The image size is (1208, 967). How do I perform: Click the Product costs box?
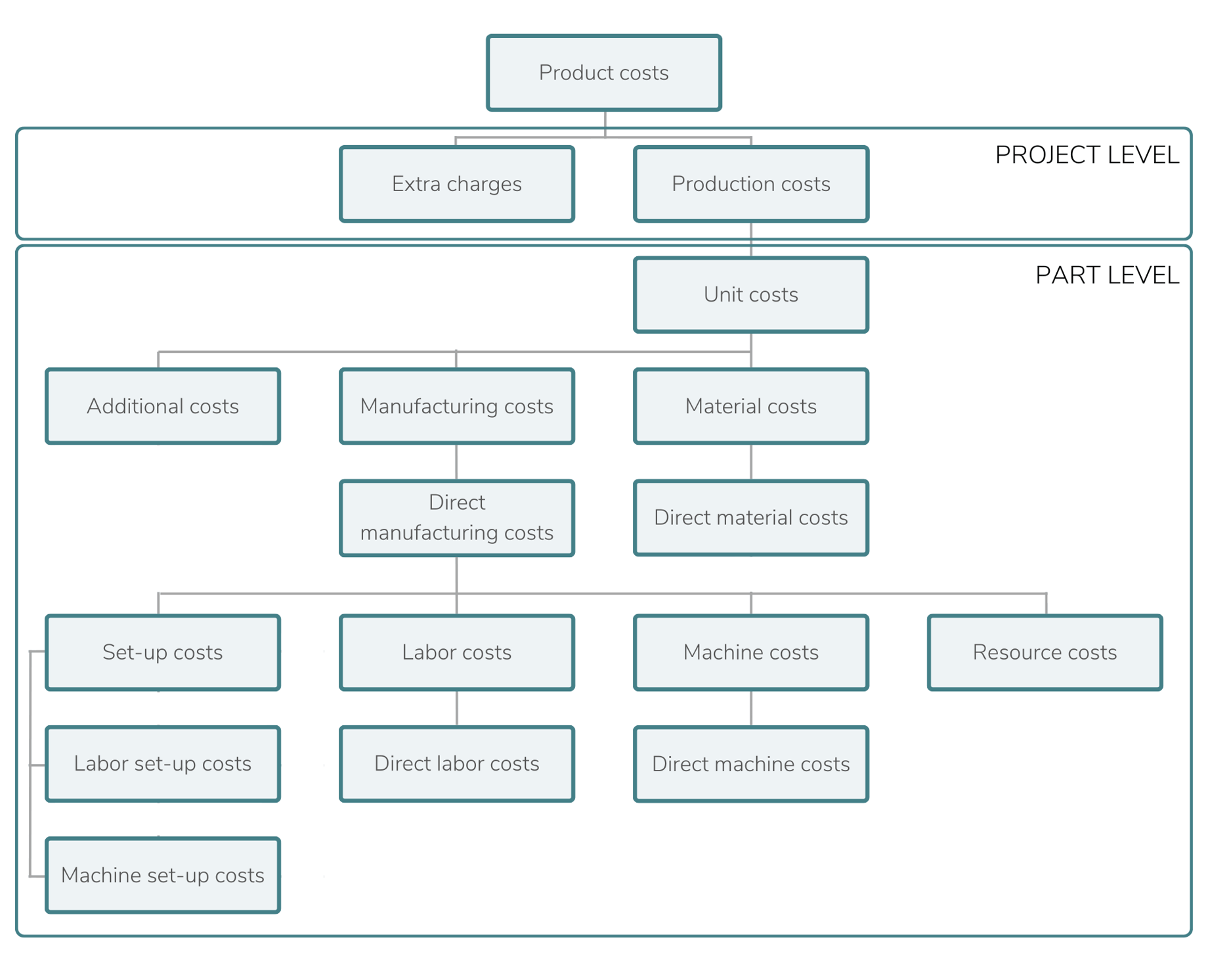603,73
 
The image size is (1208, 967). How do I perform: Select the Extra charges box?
457,184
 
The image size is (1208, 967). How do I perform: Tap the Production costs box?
751,184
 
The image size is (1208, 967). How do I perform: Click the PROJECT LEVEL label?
1087,155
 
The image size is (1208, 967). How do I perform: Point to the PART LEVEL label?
1107,275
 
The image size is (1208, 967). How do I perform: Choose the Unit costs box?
751,295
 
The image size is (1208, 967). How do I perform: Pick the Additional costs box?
163,407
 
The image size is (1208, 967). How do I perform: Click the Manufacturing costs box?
457,407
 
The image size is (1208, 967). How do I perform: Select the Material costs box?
751,407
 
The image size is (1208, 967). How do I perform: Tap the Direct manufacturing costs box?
457,518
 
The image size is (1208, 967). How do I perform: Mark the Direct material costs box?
751,518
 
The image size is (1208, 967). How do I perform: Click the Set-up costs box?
163,652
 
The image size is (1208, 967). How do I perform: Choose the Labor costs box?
457,652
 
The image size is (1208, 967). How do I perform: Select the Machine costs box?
751,652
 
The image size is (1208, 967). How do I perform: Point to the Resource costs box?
1045,652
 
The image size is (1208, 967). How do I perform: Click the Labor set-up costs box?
163,764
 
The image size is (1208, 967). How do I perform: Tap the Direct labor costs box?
457,764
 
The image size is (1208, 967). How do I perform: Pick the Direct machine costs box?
751,764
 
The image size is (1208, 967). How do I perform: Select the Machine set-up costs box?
163,876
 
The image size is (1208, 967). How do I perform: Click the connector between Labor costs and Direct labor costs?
457,708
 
